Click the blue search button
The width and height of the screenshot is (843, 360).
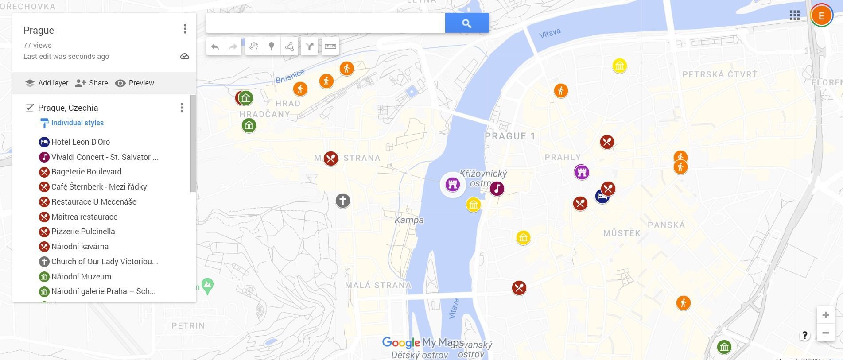(466, 23)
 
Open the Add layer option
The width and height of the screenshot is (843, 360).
(47, 83)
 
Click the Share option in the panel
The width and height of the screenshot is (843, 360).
(92, 83)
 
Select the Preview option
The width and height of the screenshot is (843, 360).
(135, 83)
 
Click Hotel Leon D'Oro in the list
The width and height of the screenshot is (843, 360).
(80, 142)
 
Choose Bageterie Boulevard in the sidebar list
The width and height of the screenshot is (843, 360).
(86, 172)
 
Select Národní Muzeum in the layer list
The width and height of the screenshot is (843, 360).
(81, 277)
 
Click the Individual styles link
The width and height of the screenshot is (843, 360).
(77, 123)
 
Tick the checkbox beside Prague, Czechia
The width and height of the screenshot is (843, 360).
(30, 108)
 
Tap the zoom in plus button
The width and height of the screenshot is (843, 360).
(825, 315)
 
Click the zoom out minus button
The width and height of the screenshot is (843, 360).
(825, 333)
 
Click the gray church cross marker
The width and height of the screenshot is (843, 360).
(342, 201)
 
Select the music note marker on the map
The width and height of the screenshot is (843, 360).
(497, 189)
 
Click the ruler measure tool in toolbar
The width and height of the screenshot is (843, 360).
(330, 46)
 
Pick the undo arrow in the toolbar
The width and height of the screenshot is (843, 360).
(215, 46)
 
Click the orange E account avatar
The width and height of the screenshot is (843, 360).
(821, 16)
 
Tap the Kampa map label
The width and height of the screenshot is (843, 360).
(409, 220)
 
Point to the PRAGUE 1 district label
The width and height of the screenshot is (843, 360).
(510, 136)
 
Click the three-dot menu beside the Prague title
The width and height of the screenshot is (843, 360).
(185, 29)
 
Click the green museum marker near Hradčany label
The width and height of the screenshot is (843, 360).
(249, 125)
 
